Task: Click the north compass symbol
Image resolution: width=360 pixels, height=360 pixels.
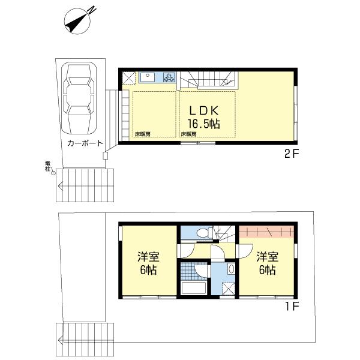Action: [79, 20]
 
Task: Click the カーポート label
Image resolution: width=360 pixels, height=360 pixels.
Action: [85, 143]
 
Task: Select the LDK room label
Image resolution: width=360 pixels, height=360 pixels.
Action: [203, 111]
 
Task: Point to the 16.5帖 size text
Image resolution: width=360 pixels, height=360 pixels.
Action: [204, 124]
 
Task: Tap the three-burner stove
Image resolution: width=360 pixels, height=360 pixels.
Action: [169, 77]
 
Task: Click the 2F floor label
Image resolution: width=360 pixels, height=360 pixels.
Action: [291, 154]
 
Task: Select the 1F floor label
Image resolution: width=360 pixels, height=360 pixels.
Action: [292, 306]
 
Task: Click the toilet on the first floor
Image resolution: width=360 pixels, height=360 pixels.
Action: [204, 233]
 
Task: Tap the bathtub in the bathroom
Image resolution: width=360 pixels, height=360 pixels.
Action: [194, 288]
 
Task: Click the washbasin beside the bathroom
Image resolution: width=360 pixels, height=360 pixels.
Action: [231, 269]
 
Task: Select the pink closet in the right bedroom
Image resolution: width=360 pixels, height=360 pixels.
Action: [266, 232]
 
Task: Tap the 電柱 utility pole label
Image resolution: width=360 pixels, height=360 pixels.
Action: [47, 166]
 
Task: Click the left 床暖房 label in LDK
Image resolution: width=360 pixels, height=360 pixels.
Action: [142, 134]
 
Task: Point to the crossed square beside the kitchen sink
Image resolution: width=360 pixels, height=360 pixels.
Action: [128, 78]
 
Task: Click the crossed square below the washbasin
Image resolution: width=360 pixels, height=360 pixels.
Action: [229, 289]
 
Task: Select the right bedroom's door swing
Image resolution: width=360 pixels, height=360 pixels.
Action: [246, 251]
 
